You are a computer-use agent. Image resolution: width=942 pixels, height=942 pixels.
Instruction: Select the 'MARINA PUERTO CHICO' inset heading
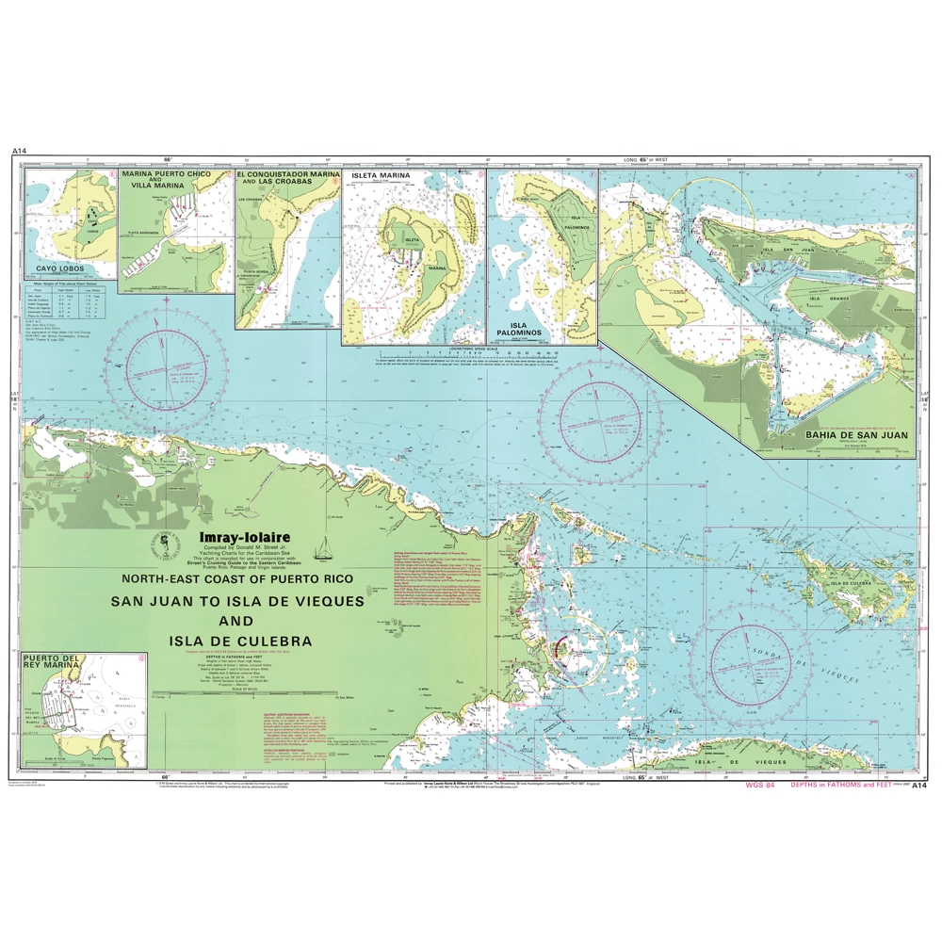[173, 176]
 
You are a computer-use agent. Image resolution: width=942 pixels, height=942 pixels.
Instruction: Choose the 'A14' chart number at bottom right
[919, 784]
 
